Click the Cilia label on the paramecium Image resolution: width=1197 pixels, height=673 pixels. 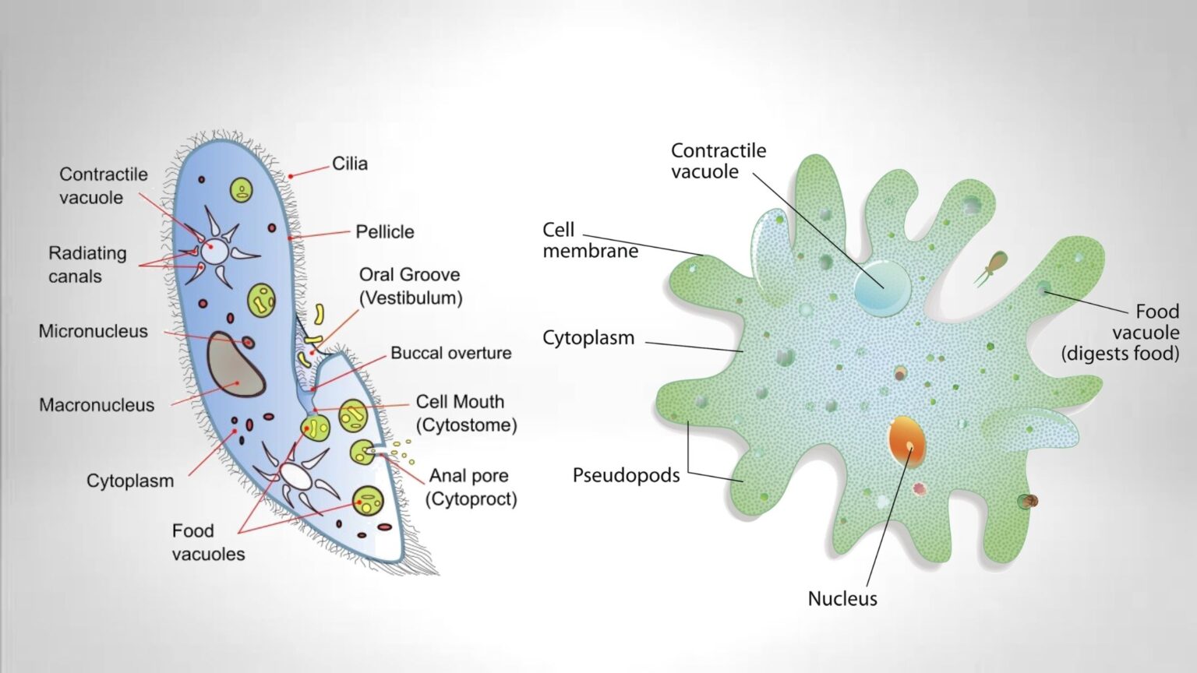[349, 164]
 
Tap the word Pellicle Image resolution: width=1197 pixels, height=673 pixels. [384, 231]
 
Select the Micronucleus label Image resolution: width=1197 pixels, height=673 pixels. [93, 331]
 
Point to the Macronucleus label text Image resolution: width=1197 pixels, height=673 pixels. [97, 405]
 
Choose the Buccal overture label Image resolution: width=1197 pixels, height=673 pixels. [450, 353]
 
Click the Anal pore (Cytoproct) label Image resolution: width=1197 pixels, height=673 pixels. [470, 487]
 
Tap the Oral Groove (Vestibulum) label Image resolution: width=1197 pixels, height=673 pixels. [410, 286]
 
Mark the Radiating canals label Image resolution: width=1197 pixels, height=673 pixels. [87, 264]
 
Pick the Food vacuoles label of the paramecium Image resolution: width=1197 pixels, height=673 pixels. [207, 542]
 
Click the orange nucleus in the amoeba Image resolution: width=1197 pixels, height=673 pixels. [906, 441]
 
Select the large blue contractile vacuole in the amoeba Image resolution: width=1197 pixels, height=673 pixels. [882, 286]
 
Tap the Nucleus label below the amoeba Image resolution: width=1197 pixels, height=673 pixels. [842, 598]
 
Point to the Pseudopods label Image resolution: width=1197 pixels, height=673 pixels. [626, 475]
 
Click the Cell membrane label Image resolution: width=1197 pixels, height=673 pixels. [590, 240]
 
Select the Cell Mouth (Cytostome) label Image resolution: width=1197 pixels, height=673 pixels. [465, 413]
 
